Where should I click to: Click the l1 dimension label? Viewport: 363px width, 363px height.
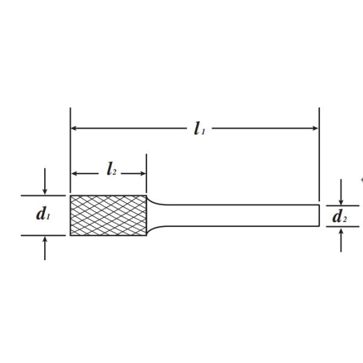pyautogui.click(x=200, y=129)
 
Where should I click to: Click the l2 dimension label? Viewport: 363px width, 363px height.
pyautogui.click(x=111, y=169)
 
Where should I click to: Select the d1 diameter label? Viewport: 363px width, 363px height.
pyautogui.click(x=43, y=214)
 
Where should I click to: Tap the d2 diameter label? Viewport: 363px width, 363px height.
pyautogui.click(x=339, y=216)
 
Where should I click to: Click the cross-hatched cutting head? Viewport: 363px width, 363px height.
pyautogui.click(x=108, y=215)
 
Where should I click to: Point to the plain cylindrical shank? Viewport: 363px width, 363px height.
pyautogui.click(x=241, y=215)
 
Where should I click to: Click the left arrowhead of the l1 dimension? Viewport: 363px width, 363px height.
pyautogui.click(x=74, y=128)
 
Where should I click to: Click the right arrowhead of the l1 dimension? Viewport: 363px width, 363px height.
pyautogui.click(x=316, y=128)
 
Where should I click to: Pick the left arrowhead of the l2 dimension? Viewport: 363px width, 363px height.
pyautogui.click(x=74, y=174)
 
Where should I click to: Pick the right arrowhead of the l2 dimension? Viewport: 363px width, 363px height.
pyautogui.click(x=143, y=174)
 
